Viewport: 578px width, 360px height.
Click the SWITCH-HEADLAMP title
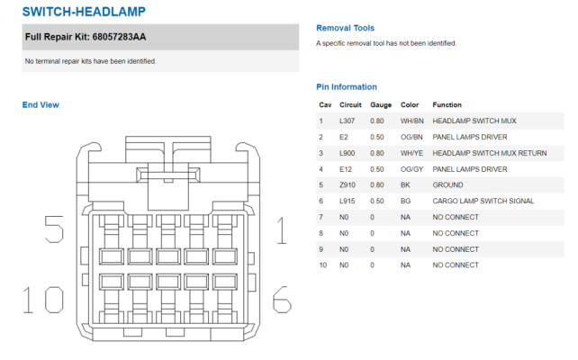[x=84, y=12]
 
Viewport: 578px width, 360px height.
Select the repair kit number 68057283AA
[x=119, y=37]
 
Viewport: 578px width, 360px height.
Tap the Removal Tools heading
[x=345, y=28]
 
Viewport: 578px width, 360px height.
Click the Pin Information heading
[x=347, y=87]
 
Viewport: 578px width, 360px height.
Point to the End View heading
[x=41, y=105]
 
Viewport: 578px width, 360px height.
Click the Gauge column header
[x=381, y=105]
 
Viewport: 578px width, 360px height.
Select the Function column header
[x=447, y=105]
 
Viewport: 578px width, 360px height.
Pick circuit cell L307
[x=347, y=121]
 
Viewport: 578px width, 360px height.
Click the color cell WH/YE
[x=411, y=153]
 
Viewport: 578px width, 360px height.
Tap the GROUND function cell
[x=447, y=185]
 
